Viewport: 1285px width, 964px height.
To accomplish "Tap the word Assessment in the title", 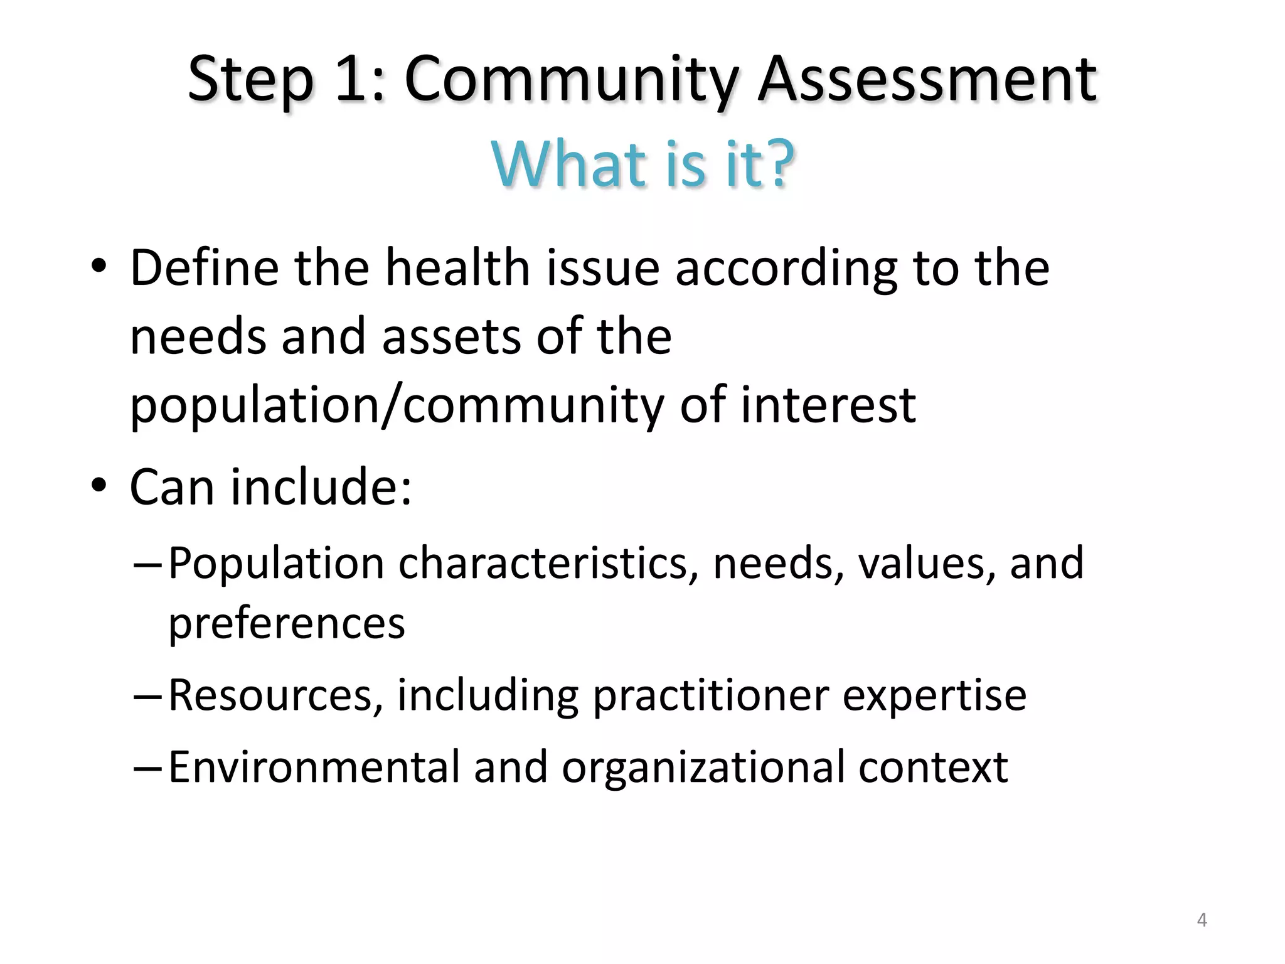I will pyautogui.click(x=927, y=79).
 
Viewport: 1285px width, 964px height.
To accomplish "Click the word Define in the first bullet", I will pyautogui.click(x=204, y=268).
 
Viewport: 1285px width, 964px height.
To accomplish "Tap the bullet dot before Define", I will pyautogui.click(x=99, y=266).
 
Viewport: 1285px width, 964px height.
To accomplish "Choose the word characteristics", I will pyautogui.click(x=548, y=563).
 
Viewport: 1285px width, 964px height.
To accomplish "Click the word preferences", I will pyautogui.click(x=287, y=624).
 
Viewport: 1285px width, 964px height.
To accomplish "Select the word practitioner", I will pyautogui.click(x=710, y=697).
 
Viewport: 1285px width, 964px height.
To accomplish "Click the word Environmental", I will pyautogui.click(x=314, y=767).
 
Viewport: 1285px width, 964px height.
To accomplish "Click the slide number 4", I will pyautogui.click(x=1202, y=920).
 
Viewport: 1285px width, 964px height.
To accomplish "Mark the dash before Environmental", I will pyautogui.click(x=147, y=767).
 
